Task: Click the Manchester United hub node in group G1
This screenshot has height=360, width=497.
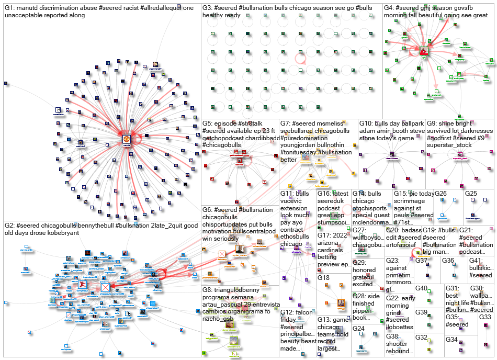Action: click(126, 140)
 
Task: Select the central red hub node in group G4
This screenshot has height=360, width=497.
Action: click(424, 51)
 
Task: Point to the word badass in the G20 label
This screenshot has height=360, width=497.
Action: click(397, 230)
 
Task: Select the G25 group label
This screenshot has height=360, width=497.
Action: click(471, 194)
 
